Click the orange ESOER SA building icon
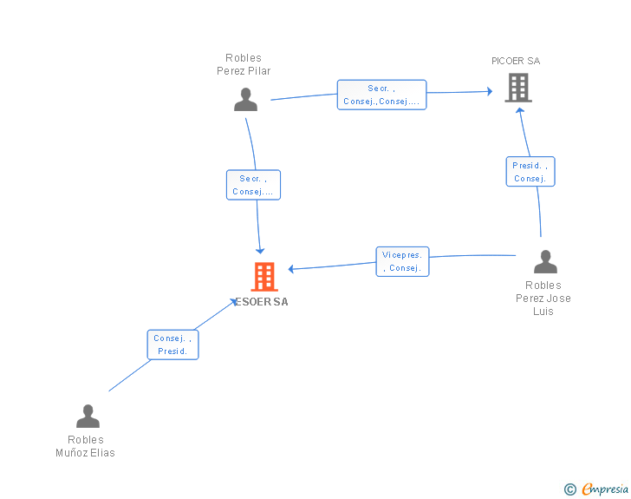point(264,277)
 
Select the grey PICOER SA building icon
point(518,88)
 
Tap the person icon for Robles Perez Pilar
point(245,99)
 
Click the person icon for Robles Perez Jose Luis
point(545,261)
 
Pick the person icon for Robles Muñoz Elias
point(88,416)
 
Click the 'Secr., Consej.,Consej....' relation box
point(381,95)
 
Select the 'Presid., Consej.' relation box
point(530,171)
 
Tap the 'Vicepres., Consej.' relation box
point(402,261)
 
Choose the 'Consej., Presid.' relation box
point(172,345)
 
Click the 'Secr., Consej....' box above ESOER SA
point(253,185)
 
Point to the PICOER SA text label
point(516,61)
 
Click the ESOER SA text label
point(262,302)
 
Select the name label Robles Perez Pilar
point(244,64)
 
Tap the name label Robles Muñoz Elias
point(85,446)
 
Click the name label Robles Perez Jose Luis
point(543,299)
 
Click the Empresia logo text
point(605,489)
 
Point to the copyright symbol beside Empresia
point(570,489)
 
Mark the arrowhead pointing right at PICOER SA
point(490,91)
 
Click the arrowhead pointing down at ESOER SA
point(260,251)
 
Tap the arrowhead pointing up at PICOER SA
point(520,110)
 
